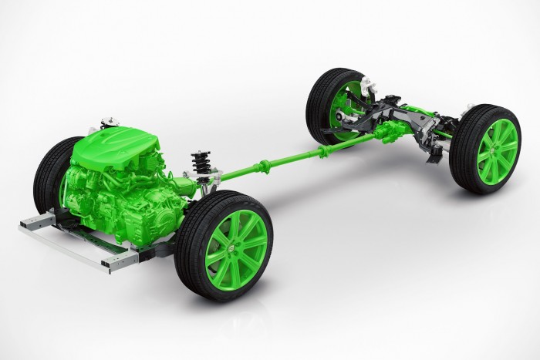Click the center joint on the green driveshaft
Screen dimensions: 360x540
(x=266, y=163)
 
